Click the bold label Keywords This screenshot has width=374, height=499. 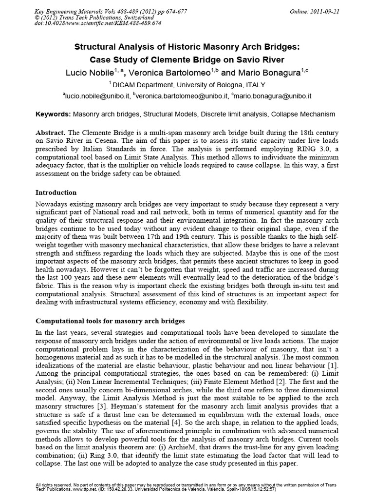[x=54, y=115]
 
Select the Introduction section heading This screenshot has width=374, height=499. [x=56, y=192]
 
